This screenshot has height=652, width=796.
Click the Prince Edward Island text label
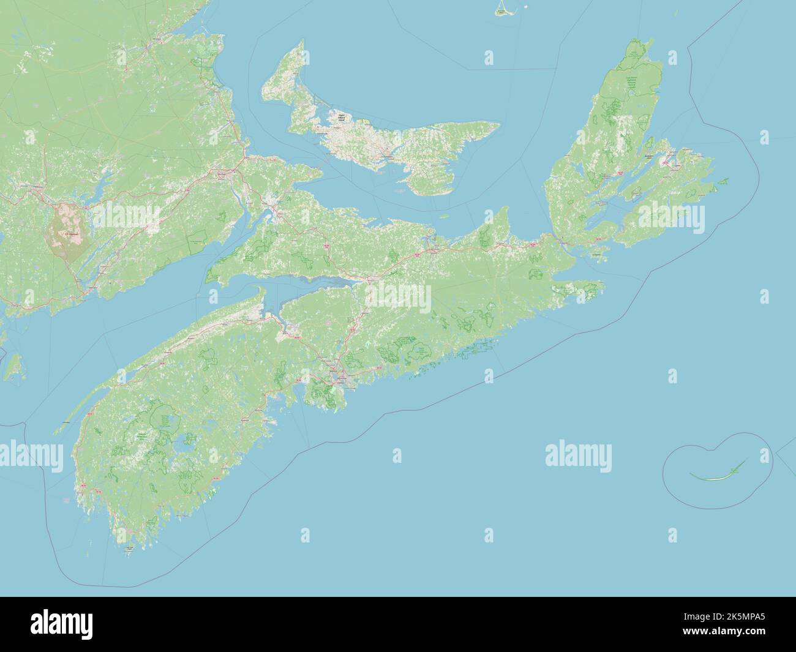[x=337, y=116]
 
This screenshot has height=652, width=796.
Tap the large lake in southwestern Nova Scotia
[x=183, y=451]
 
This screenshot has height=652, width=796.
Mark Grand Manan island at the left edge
[x=12, y=368]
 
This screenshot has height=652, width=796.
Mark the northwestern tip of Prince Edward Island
[x=301, y=43]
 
